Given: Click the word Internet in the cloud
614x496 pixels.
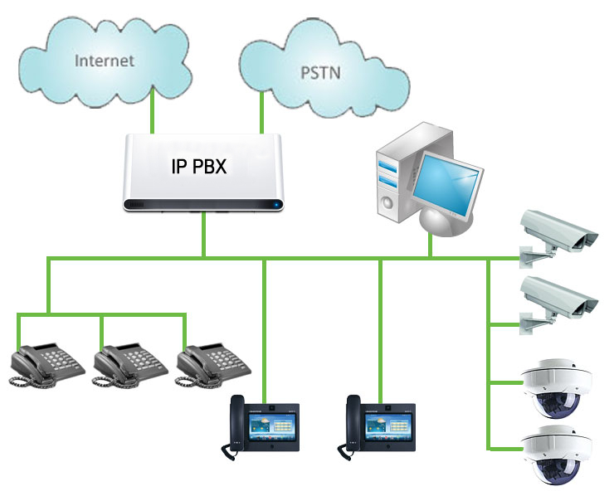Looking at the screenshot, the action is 105,61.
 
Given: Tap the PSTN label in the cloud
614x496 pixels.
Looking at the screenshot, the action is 320,73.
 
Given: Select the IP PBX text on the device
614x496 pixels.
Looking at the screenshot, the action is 199,166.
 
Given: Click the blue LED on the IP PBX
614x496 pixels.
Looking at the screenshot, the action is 277,204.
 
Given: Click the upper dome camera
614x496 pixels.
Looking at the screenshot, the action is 557,387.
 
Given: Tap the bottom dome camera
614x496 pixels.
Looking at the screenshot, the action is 557,455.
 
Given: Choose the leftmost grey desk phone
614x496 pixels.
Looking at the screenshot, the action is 46,365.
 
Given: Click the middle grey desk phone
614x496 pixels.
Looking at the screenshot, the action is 130,365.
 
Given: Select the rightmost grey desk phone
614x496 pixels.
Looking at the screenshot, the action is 213,365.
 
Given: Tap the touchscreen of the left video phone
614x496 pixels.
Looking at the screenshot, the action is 272,426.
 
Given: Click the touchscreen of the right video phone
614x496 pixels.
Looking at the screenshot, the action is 388,426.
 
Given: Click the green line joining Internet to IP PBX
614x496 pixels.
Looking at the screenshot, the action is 153,111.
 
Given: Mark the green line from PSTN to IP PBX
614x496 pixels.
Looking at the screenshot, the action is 261,112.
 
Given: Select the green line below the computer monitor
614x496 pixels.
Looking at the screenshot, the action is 431,246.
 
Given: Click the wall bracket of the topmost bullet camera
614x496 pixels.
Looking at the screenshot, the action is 533,257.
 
